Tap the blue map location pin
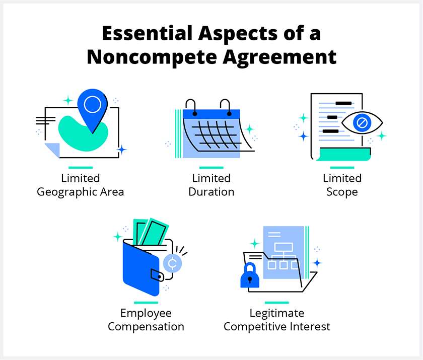click(92, 109)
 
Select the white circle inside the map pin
click(92, 104)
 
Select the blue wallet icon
click(143, 267)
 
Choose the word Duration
click(211, 192)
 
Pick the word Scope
click(342, 192)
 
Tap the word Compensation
click(146, 327)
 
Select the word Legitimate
click(277, 313)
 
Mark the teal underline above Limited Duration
click(211, 168)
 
